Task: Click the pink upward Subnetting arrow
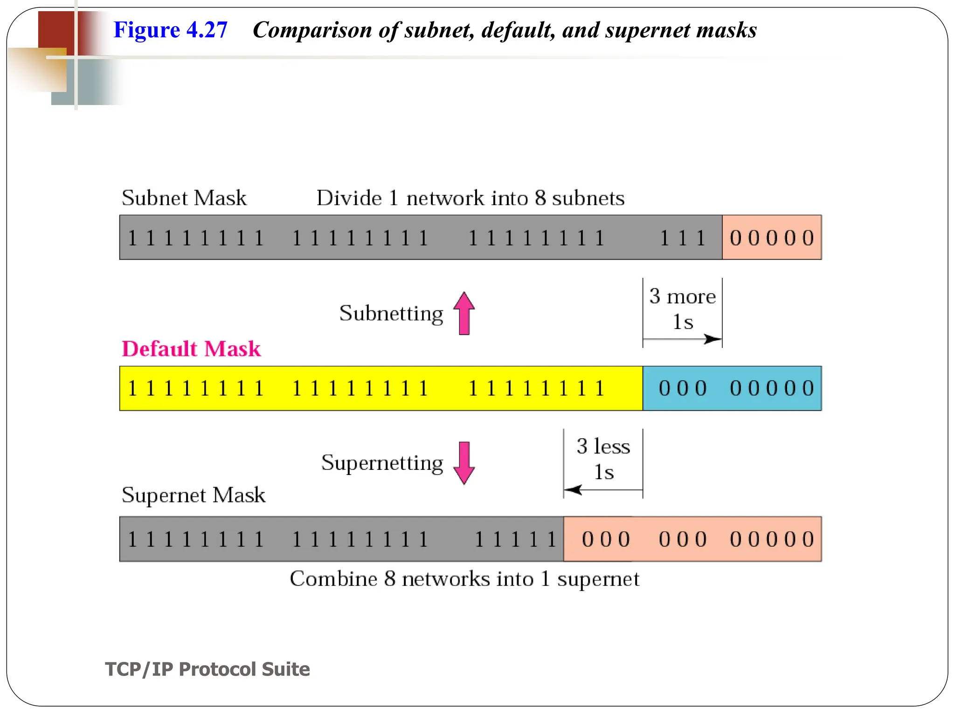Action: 464,313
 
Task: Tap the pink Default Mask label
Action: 191,349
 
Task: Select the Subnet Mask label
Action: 184,198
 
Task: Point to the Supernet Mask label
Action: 193,495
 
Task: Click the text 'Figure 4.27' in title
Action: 170,30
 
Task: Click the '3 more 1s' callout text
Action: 682,309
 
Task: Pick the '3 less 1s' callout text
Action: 603,459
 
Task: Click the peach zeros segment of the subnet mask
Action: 772,238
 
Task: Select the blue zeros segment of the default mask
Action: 732,388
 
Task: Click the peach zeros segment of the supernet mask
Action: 692,539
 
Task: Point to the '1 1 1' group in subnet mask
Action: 682,238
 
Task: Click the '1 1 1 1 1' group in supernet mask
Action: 515,539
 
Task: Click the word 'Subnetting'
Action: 391,313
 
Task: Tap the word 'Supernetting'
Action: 382,463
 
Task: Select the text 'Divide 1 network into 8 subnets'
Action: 470,198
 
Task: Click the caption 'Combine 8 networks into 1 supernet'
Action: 464,579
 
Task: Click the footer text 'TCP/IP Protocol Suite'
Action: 208,669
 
